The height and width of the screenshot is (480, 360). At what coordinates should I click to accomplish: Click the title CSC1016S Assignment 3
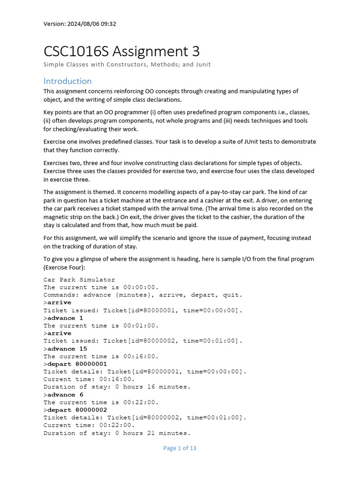click(x=122, y=51)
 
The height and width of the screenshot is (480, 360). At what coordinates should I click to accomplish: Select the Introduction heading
click(x=67, y=81)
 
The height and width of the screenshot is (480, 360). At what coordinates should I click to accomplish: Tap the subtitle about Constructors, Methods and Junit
click(x=127, y=64)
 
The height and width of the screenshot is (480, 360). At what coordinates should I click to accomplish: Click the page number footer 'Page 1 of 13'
click(x=180, y=448)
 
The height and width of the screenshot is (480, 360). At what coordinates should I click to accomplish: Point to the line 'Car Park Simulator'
click(x=79, y=280)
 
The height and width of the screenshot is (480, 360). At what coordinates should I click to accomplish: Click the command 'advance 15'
click(x=67, y=349)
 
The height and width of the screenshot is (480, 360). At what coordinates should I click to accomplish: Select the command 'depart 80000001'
click(x=77, y=364)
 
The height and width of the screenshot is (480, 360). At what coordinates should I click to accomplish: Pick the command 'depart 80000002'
click(x=77, y=410)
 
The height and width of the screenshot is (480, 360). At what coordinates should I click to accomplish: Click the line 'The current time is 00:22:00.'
click(x=101, y=402)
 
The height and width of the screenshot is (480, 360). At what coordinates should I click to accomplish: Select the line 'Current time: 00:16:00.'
click(x=89, y=379)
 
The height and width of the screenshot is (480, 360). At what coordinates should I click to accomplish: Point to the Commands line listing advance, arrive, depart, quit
click(x=143, y=295)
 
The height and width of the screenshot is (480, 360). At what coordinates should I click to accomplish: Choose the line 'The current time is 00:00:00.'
click(x=101, y=287)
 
